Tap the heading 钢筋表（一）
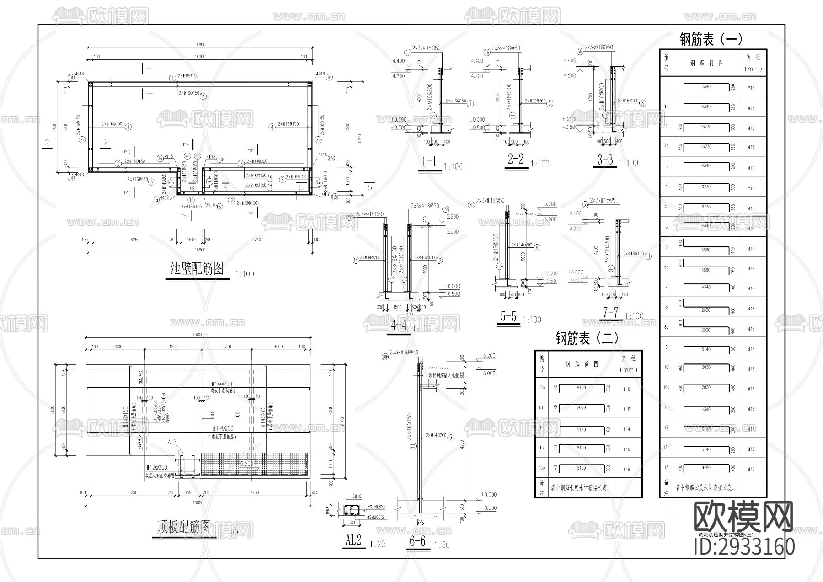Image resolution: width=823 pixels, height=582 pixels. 711,39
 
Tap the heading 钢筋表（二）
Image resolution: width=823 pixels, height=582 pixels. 587,338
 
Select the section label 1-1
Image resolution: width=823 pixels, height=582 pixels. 428,161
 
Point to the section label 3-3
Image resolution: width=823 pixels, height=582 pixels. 605,160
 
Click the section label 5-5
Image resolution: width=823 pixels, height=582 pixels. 508,316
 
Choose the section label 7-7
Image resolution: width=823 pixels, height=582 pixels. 610,313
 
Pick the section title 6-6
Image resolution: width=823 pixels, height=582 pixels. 417,541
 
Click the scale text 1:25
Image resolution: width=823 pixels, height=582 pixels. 377,545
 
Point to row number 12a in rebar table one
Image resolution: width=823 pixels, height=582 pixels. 667,449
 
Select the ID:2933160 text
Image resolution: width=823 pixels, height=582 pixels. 744,547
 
